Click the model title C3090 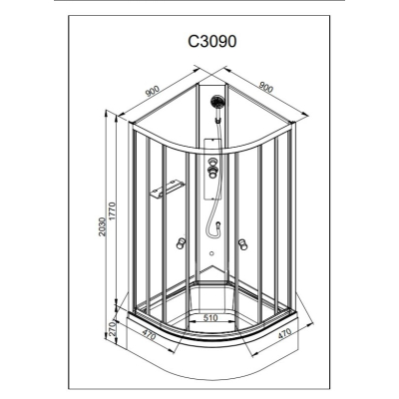click(x=212, y=42)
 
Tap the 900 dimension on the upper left click(x=153, y=91)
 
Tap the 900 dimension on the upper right click(x=265, y=87)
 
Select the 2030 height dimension click(x=103, y=226)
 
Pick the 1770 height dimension click(x=112, y=211)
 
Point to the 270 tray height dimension click(x=112, y=328)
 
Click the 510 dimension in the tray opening click(x=210, y=318)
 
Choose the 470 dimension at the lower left click(x=149, y=334)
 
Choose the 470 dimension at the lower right click(x=283, y=333)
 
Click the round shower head click(x=217, y=101)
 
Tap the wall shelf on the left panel click(x=168, y=189)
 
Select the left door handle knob click(x=182, y=243)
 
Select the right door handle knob click(x=243, y=244)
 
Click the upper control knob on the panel click(x=211, y=164)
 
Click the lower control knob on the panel click(x=211, y=173)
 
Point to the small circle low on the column click(x=211, y=253)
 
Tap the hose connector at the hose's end click(x=218, y=226)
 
